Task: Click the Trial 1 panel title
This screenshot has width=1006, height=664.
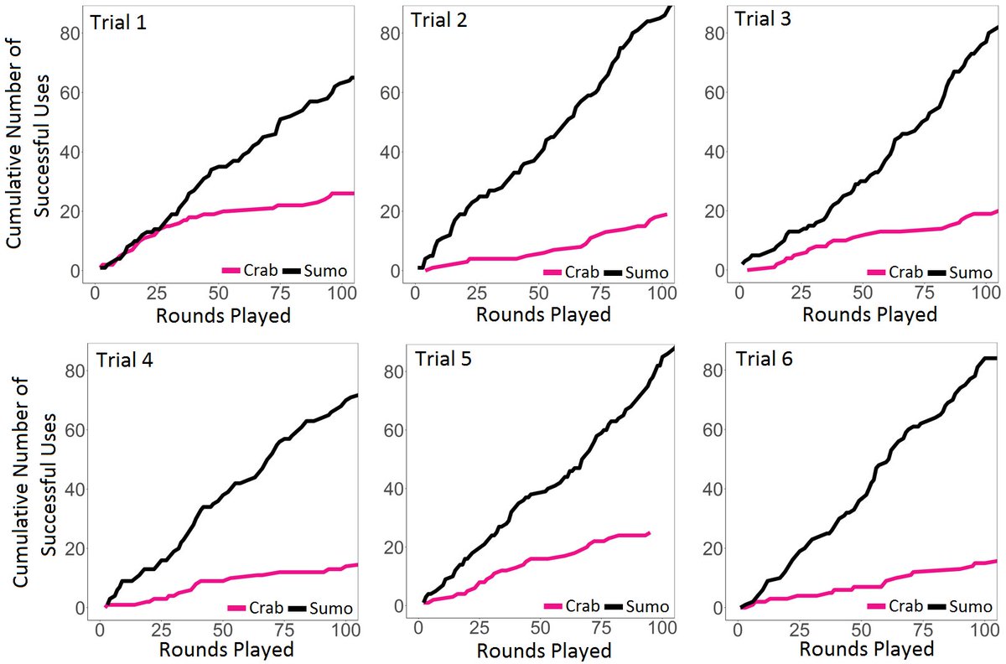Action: pyautogui.click(x=119, y=23)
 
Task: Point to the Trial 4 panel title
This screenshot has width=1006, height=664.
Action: pyautogui.click(x=125, y=361)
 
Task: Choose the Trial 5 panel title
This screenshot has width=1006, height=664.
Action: pyautogui.click(x=443, y=360)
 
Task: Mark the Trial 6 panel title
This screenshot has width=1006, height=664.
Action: pyautogui.click(x=764, y=359)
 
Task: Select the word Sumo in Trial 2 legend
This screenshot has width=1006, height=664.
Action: pyautogui.click(x=646, y=272)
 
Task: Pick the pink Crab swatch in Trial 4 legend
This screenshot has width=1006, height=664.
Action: pyautogui.click(x=237, y=609)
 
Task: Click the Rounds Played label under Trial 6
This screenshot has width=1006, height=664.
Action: pyautogui.click(x=866, y=649)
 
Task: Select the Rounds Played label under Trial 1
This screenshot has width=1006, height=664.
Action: pyautogui.click(x=224, y=316)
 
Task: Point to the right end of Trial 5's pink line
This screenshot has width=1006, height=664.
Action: pyautogui.click(x=649, y=533)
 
